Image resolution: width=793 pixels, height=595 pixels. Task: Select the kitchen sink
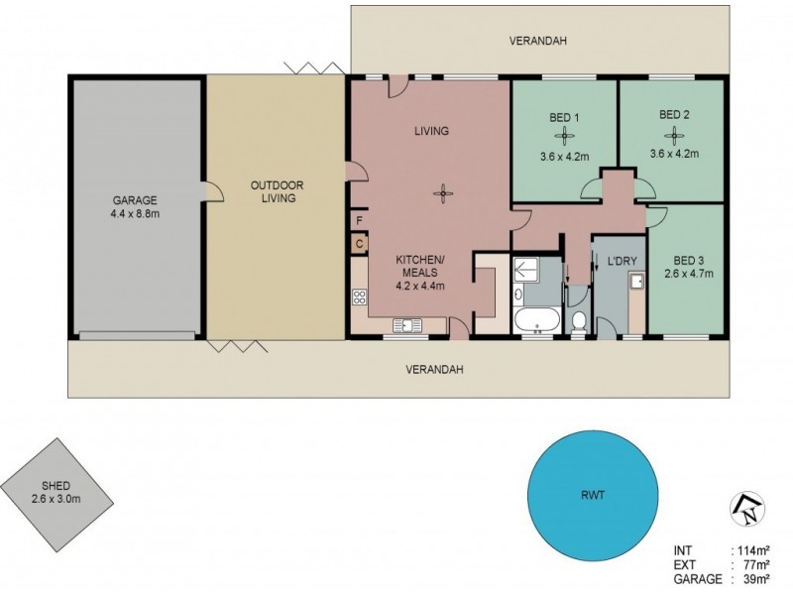(406, 324)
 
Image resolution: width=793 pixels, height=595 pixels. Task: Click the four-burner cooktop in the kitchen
(360, 297)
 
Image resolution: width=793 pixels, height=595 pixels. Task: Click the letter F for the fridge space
(359, 220)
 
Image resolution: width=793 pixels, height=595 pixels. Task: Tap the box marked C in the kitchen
(359, 242)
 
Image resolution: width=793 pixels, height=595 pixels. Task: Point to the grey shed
(56, 492)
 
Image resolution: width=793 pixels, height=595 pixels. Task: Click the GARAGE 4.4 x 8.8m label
(134, 205)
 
